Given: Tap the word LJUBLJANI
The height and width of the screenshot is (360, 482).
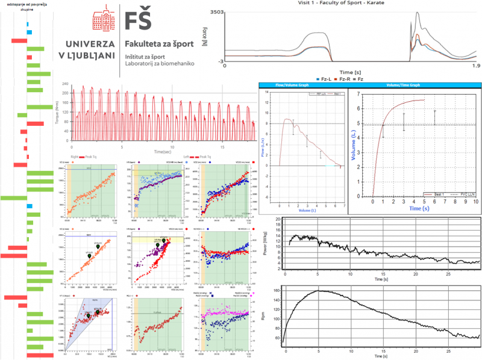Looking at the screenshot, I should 94,56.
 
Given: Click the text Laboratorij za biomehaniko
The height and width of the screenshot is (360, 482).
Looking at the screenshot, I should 160,63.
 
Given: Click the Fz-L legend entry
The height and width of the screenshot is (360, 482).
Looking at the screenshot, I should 326,78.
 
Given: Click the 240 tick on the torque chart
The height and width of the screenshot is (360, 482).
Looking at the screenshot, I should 66,85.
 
